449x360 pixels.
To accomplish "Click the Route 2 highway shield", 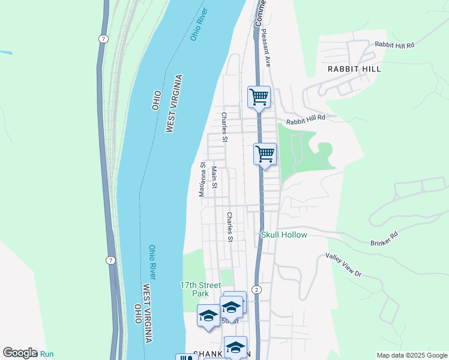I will pyautogui.click(x=257, y=290).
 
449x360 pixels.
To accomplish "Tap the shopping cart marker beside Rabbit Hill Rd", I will pyautogui.click(x=259, y=97).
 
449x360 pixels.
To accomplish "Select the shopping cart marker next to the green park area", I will pyautogui.click(x=265, y=154).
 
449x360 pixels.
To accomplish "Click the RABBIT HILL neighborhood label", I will pyautogui.click(x=354, y=69).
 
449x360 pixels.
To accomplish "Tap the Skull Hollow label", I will pyautogui.click(x=284, y=235).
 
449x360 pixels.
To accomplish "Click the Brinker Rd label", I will pyautogui.click(x=385, y=238).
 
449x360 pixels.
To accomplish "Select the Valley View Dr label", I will pyautogui.click(x=344, y=265).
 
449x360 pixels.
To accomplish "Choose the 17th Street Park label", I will pyautogui.click(x=197, y=289).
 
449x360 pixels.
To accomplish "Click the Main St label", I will pyautogui.click(x=214, y=177).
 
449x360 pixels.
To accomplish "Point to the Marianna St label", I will pyautogui.click(x=203, y=179).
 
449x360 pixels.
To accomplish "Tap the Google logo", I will pyautogui.click(x=19, y=353).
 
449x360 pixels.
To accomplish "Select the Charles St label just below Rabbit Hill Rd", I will pyautogui.click(x=224, y=128).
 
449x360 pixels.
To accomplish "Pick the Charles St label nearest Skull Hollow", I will pyautogui.click(x=229, y=227).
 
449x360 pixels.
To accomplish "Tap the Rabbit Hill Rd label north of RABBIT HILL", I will pyautogui.click(x=394, y=45).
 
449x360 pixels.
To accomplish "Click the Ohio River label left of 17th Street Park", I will pyautogui.click(x=152, y=262).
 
